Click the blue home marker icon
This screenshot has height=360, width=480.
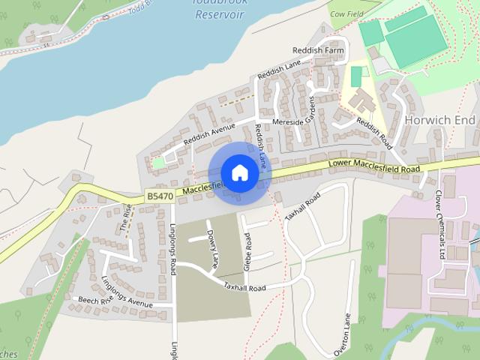pos(239,172)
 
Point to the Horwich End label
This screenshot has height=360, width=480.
pos(439,120)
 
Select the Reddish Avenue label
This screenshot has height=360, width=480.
pos(209,135)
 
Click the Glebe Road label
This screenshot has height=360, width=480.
pos(248,250)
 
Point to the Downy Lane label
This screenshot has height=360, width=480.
pos(214,248)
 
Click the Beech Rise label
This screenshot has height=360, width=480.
pos(94,301)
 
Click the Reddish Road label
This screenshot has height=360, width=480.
pos(374,131)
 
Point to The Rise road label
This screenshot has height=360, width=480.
pos(127,217)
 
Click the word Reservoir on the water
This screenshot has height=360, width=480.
pos(217,14)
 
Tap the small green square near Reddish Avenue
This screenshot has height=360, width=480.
pos(158,162)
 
